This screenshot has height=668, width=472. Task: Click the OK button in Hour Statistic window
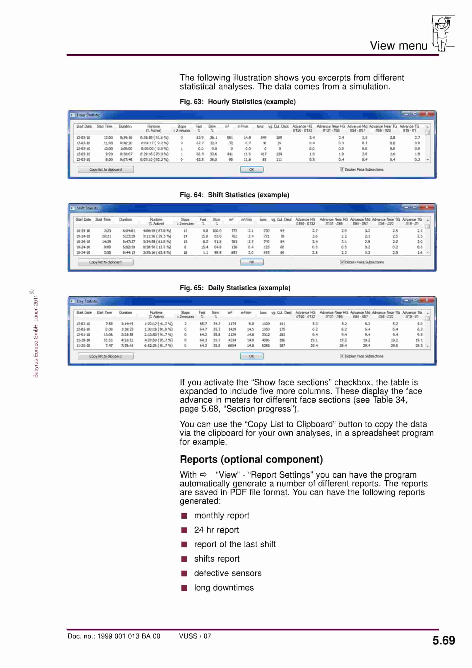coord(252,169)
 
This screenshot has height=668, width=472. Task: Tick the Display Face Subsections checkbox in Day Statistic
coord(342,356)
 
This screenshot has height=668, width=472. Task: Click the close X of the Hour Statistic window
coord(427,114)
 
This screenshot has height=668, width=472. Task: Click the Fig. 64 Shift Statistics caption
coord(234,195)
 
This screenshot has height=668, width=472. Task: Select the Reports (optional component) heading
coord(251,459)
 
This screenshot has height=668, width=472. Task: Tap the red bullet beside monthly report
coord(184,516)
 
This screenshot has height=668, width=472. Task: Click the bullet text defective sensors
coord(228,573)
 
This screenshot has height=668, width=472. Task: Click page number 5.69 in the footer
coord(443,641)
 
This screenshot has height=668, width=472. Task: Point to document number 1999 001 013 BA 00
coord(114,636)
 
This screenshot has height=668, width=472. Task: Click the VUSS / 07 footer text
coord(195,636)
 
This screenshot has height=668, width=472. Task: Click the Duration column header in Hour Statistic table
coord(125,127)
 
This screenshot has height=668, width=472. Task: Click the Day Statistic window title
coord(87,301)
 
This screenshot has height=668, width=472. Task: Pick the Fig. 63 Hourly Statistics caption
coord(238,102)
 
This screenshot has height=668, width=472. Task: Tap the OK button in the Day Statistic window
coord(252,356)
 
